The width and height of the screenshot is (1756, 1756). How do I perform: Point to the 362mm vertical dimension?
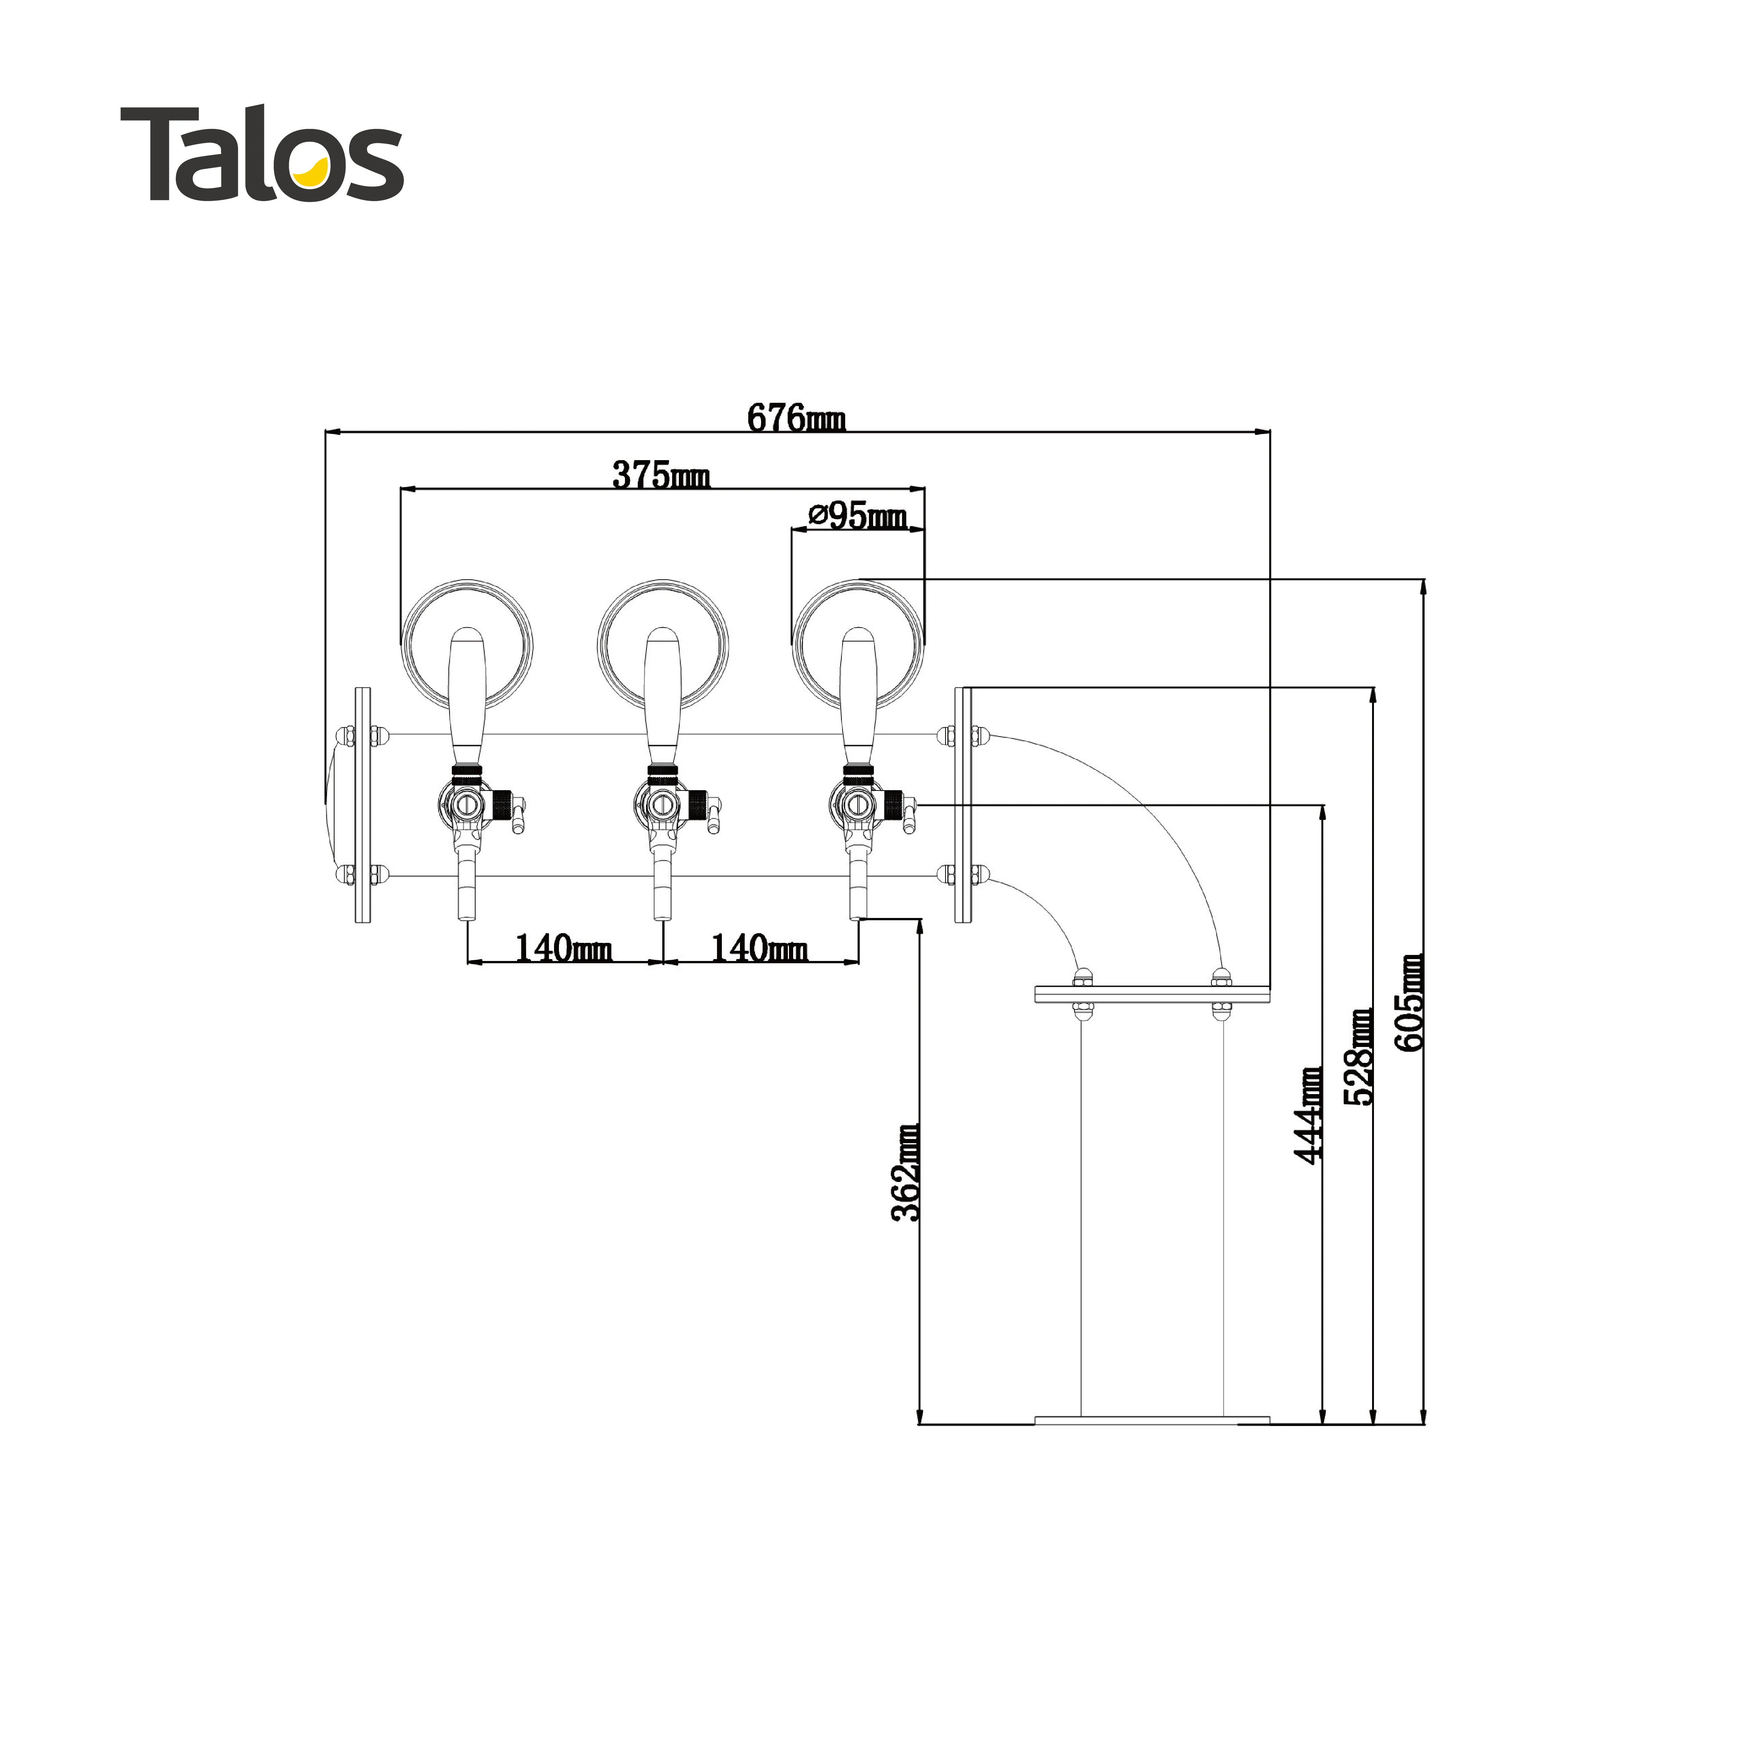pyautogui.click(x=905, y=1173)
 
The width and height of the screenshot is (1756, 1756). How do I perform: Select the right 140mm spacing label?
pyautogui.click(x=759, y=949)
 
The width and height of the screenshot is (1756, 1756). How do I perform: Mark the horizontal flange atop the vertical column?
pyautogui.click(x=1151, y=994)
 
